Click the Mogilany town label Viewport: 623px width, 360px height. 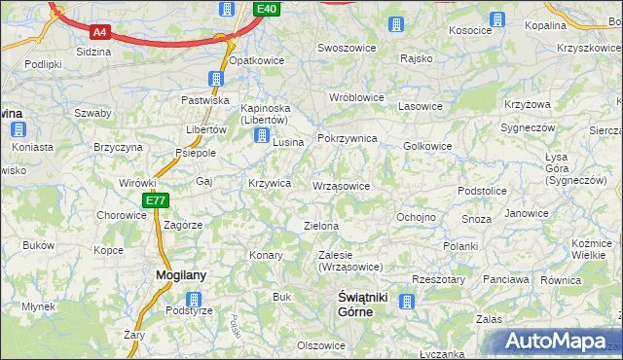(181, 275)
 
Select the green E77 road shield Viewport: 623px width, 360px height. (156, 200)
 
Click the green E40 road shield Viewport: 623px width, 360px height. (268, 9)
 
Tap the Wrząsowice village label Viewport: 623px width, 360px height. (341, 186)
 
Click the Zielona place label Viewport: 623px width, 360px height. (321, 226)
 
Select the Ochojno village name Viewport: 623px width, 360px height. (416, 217)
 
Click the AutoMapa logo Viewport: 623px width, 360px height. (560, 342)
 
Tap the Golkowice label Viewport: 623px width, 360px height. (427, 146)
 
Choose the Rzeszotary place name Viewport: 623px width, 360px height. (438, 279)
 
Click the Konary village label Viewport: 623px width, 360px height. (266, 255)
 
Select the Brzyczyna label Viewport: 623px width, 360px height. (119, 146)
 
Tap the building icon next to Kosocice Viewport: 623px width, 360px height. (498, 18)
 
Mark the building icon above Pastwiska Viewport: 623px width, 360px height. (216, 79)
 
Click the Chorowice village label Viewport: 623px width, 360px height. (121, 215)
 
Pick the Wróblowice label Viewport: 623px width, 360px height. (357, 98)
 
